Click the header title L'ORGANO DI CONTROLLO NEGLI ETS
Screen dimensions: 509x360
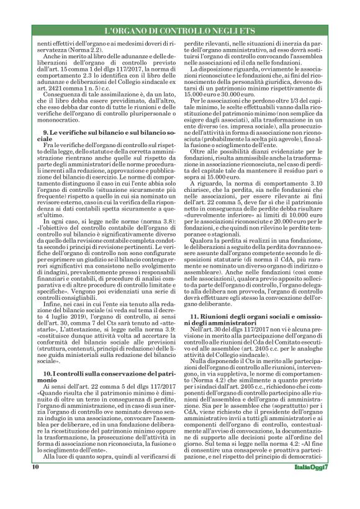click(x=180, y=30)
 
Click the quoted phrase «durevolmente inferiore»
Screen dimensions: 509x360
click(x=214, y=265)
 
